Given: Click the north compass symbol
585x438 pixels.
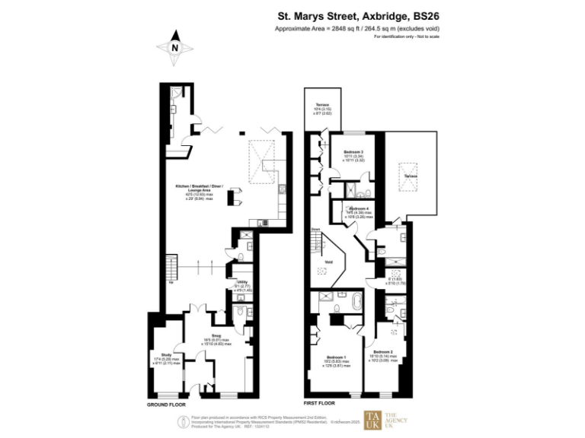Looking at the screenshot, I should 175,46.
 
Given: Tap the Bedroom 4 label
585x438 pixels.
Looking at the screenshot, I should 358,208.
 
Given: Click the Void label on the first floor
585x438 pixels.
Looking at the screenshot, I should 328,262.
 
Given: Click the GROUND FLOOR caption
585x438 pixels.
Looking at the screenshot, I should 167,405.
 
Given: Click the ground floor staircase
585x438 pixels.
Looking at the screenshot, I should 172,268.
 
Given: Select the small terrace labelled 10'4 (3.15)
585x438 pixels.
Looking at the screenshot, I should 322,109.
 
